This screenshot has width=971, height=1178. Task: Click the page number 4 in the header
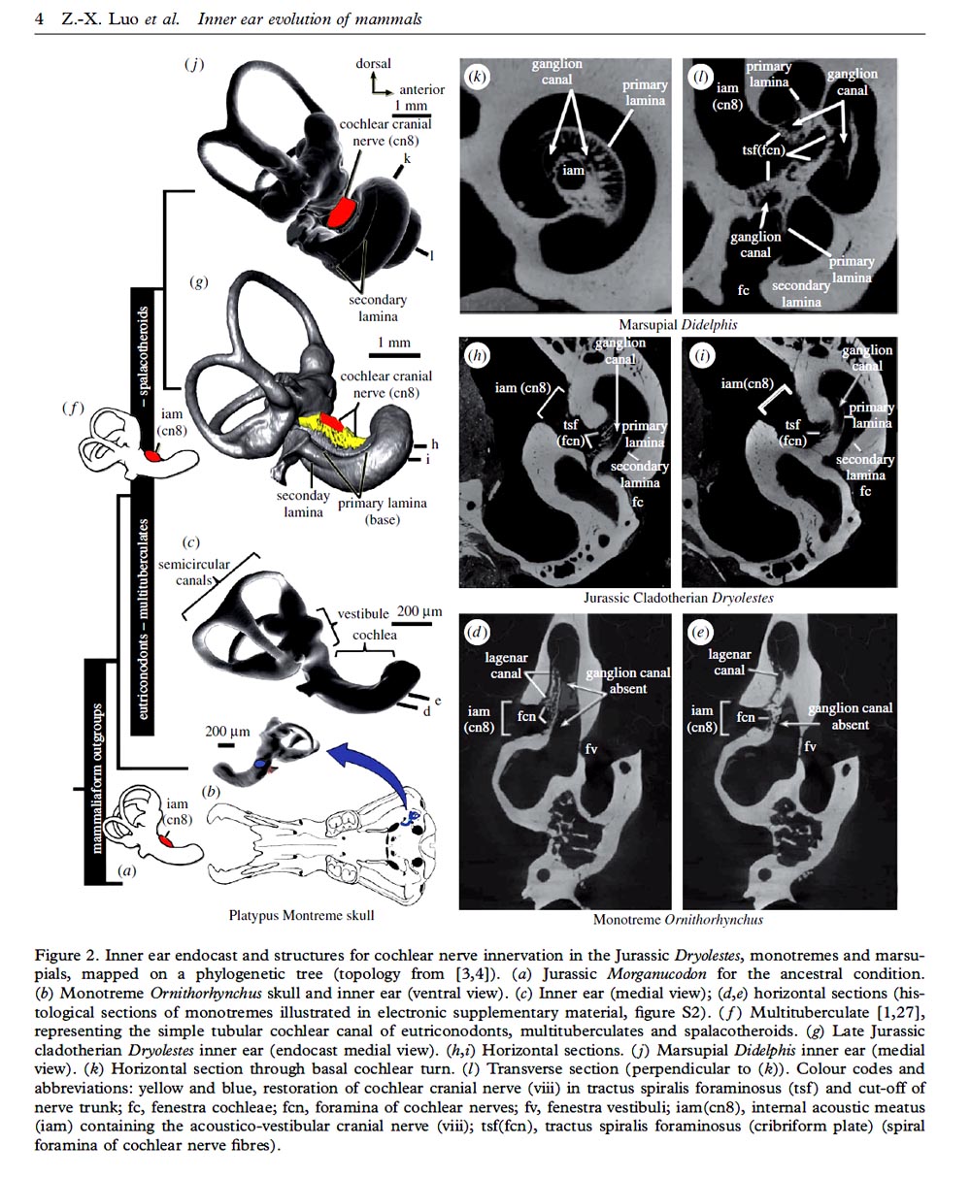tap(39, 19)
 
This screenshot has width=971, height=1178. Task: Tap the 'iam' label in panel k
tap(574, 171)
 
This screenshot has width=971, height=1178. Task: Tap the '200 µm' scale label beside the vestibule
tap(419, 611)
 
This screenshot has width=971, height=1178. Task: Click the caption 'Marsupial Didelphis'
tap(678, 324)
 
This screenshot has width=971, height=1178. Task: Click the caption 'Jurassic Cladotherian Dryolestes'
tap(678, 598)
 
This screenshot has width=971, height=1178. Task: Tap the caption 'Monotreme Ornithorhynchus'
tap(678, 919)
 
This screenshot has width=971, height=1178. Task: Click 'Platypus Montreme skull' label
tap(301, 914)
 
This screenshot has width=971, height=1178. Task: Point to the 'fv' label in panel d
tap(590, 748)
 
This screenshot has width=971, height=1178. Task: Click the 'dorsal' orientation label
tap(373, 64)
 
